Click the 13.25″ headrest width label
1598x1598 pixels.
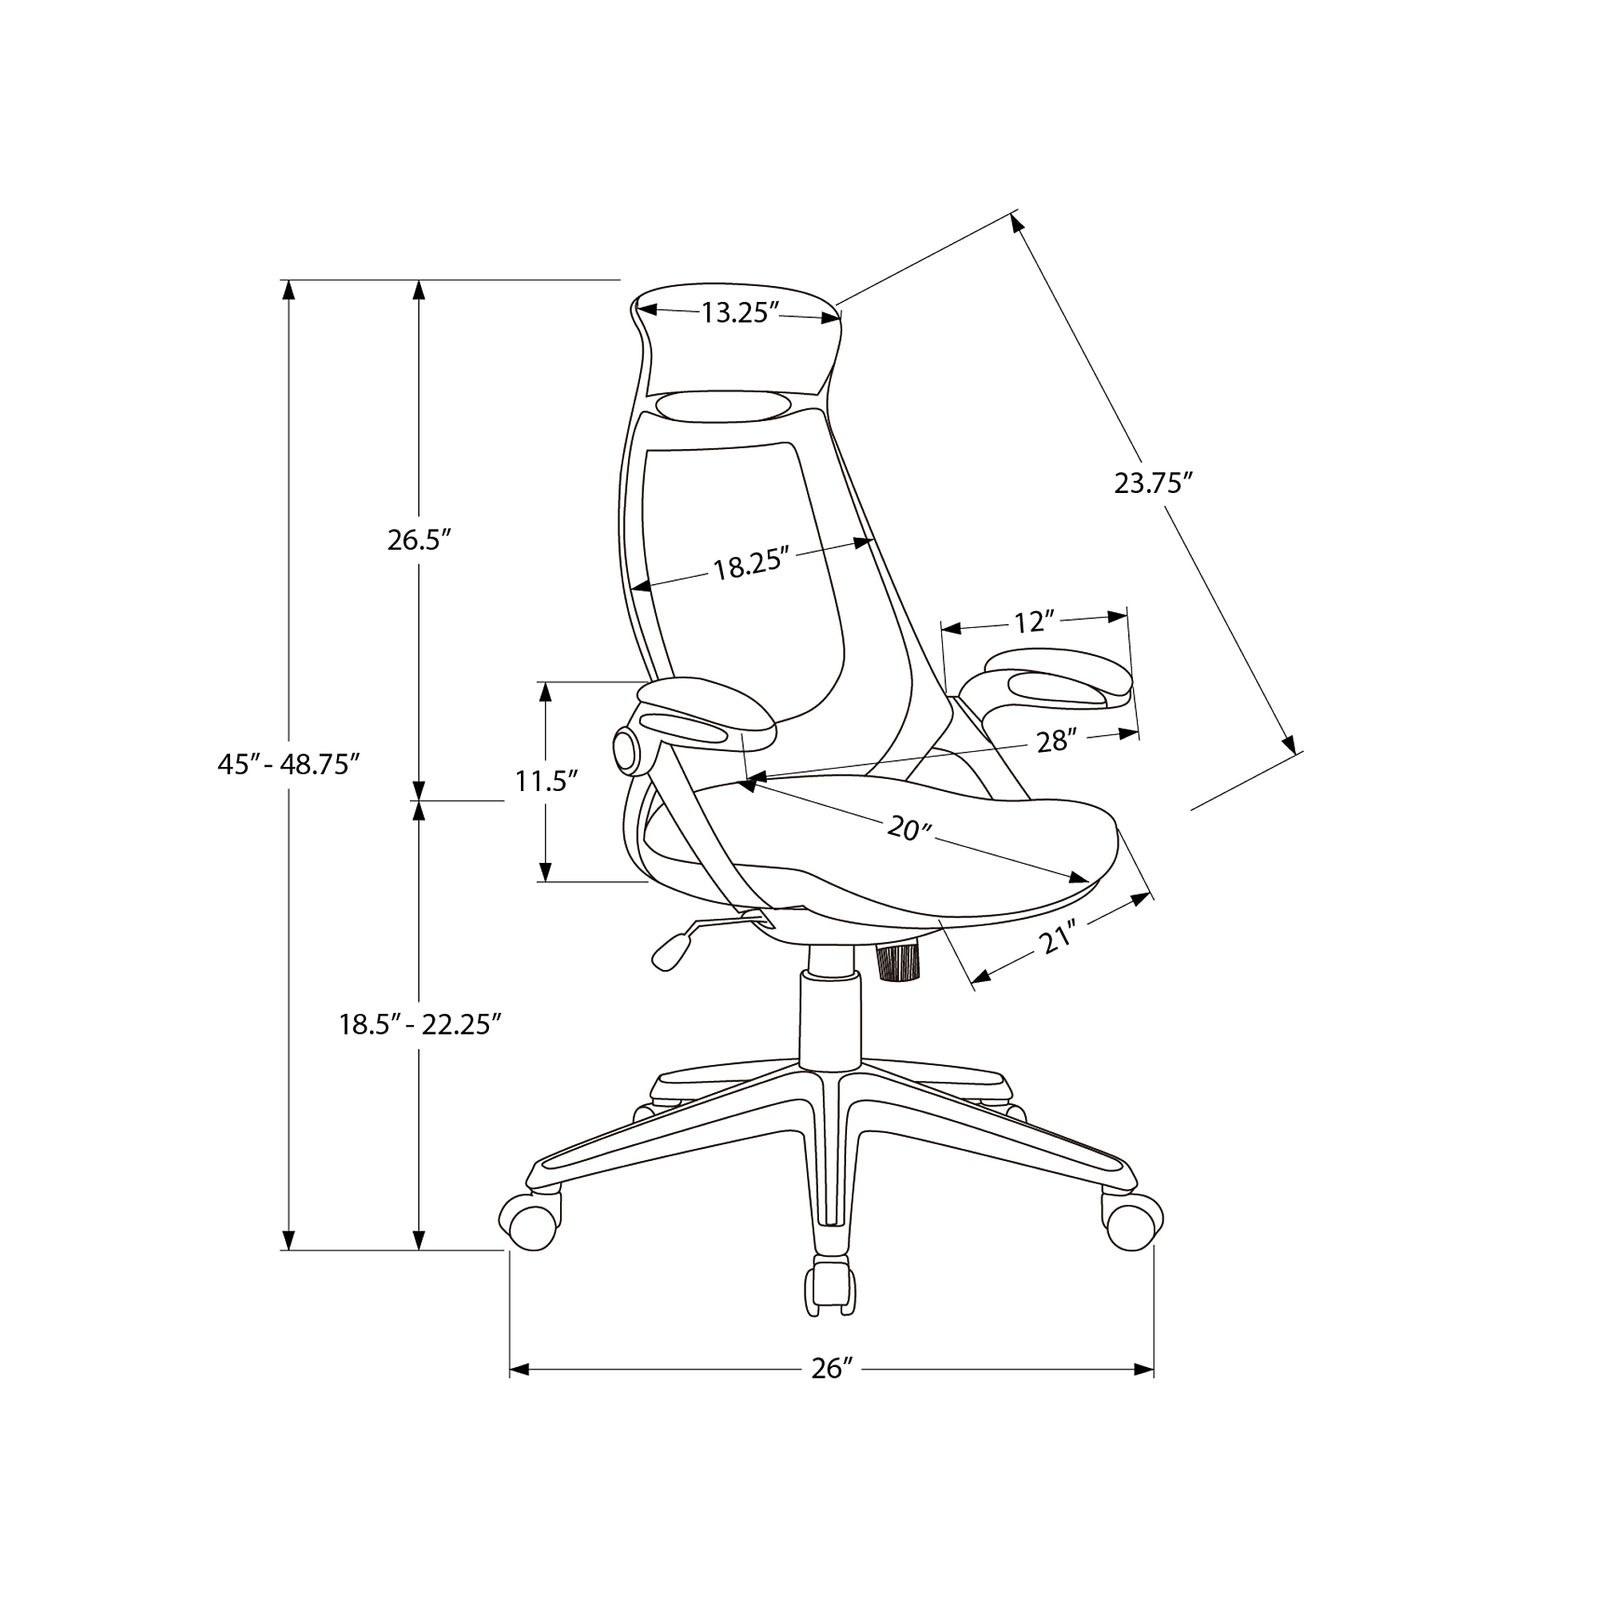(741, 312)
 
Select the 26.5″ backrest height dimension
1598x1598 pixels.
(419, 539)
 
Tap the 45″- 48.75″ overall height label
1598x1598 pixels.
(288, 763)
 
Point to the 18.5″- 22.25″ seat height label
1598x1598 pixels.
(420, 1025)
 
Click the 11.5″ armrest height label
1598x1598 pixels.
(546, 780)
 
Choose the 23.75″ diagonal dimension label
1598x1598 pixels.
(1153, 483)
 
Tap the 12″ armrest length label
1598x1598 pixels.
(1035, 621)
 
